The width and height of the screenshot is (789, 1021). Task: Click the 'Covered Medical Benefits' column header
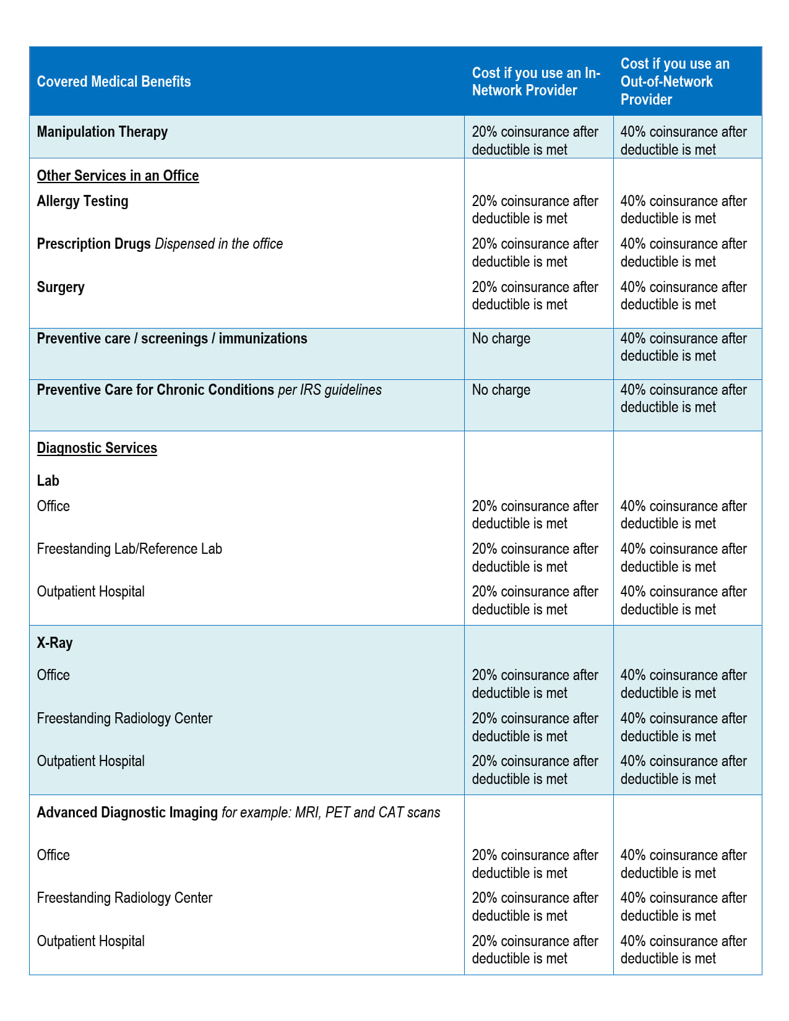114,82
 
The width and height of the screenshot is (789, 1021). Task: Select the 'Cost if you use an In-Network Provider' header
536,82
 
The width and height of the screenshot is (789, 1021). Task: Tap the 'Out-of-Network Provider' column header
675,82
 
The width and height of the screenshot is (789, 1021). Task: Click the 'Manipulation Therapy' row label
102,132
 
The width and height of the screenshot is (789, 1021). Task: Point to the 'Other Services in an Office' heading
118,176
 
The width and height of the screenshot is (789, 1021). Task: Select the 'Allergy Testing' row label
82,201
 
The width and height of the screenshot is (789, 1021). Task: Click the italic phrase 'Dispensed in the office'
218,244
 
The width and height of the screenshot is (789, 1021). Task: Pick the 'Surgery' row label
61,287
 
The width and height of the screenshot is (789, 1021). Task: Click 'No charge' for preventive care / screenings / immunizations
501,338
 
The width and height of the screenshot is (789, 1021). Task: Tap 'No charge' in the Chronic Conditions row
501,390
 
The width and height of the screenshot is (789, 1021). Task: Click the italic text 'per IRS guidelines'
329,390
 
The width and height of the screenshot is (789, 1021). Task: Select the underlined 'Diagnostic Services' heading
97,448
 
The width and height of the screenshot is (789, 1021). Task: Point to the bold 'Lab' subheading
48,481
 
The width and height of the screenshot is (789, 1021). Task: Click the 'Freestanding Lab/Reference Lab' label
129,549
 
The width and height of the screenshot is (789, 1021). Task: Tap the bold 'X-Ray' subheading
54,643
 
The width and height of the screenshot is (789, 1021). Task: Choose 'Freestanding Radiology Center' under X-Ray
124,718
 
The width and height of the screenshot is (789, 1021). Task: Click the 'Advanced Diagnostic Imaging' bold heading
127,812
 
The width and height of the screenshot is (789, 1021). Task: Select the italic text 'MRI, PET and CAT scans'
368,812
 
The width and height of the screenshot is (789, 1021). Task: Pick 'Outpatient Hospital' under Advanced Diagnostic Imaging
90,941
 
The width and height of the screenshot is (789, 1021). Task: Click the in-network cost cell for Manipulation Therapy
535,140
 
